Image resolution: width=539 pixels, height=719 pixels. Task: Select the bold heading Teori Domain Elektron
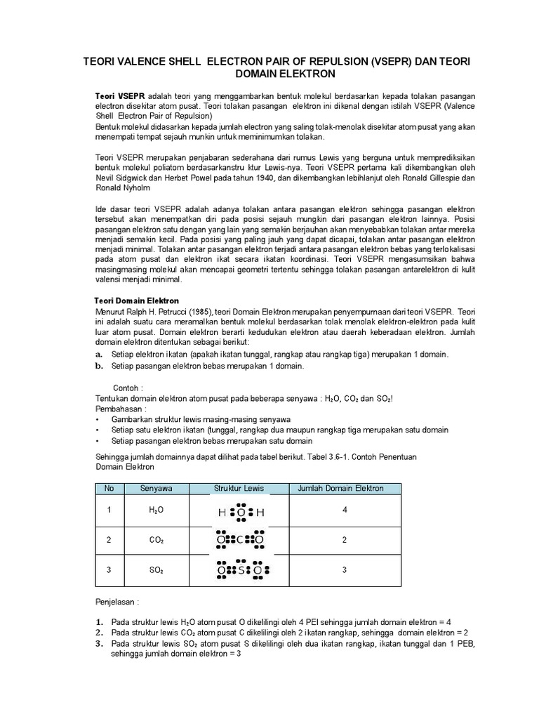tap(137, 301)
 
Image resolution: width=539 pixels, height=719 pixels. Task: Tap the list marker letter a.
tap(99, 355)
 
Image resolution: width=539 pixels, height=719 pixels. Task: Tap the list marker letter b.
tap(99, 366)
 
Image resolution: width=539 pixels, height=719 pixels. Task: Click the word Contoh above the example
tap(126, 388)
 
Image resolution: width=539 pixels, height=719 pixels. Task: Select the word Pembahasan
tap(119, 409)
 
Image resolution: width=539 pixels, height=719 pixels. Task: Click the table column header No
tap(109, 489)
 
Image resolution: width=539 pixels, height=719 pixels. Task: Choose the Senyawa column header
tap(156, 489)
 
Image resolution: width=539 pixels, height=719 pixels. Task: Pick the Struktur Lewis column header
tap(240, 489)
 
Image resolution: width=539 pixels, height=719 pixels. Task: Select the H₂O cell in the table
tap(156, 510)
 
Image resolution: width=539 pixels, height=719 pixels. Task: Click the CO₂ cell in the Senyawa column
tap(156, 540)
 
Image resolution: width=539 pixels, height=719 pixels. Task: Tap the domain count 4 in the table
tap(345, 510)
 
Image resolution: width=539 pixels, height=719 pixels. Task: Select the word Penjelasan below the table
tap(117, 602)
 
